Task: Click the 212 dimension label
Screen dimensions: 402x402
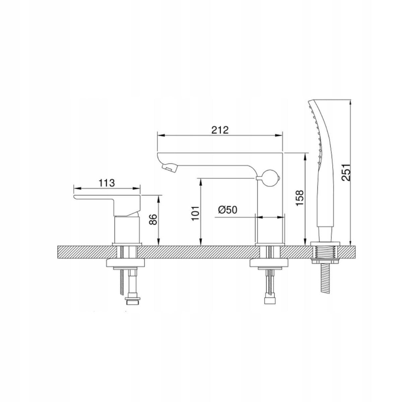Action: [x=220, y=130]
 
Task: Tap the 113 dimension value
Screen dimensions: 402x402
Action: [x=107, y=183]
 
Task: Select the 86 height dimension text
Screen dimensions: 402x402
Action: [x=153, y=220]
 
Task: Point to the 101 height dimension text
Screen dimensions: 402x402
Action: [x=196, y=213]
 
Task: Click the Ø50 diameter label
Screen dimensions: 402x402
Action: [x=227, y=210]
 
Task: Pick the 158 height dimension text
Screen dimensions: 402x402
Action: [x=299, y=198]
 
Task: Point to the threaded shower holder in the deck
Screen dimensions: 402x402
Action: [x=325, y=251]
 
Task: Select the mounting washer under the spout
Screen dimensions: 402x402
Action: [x=269, y=263]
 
